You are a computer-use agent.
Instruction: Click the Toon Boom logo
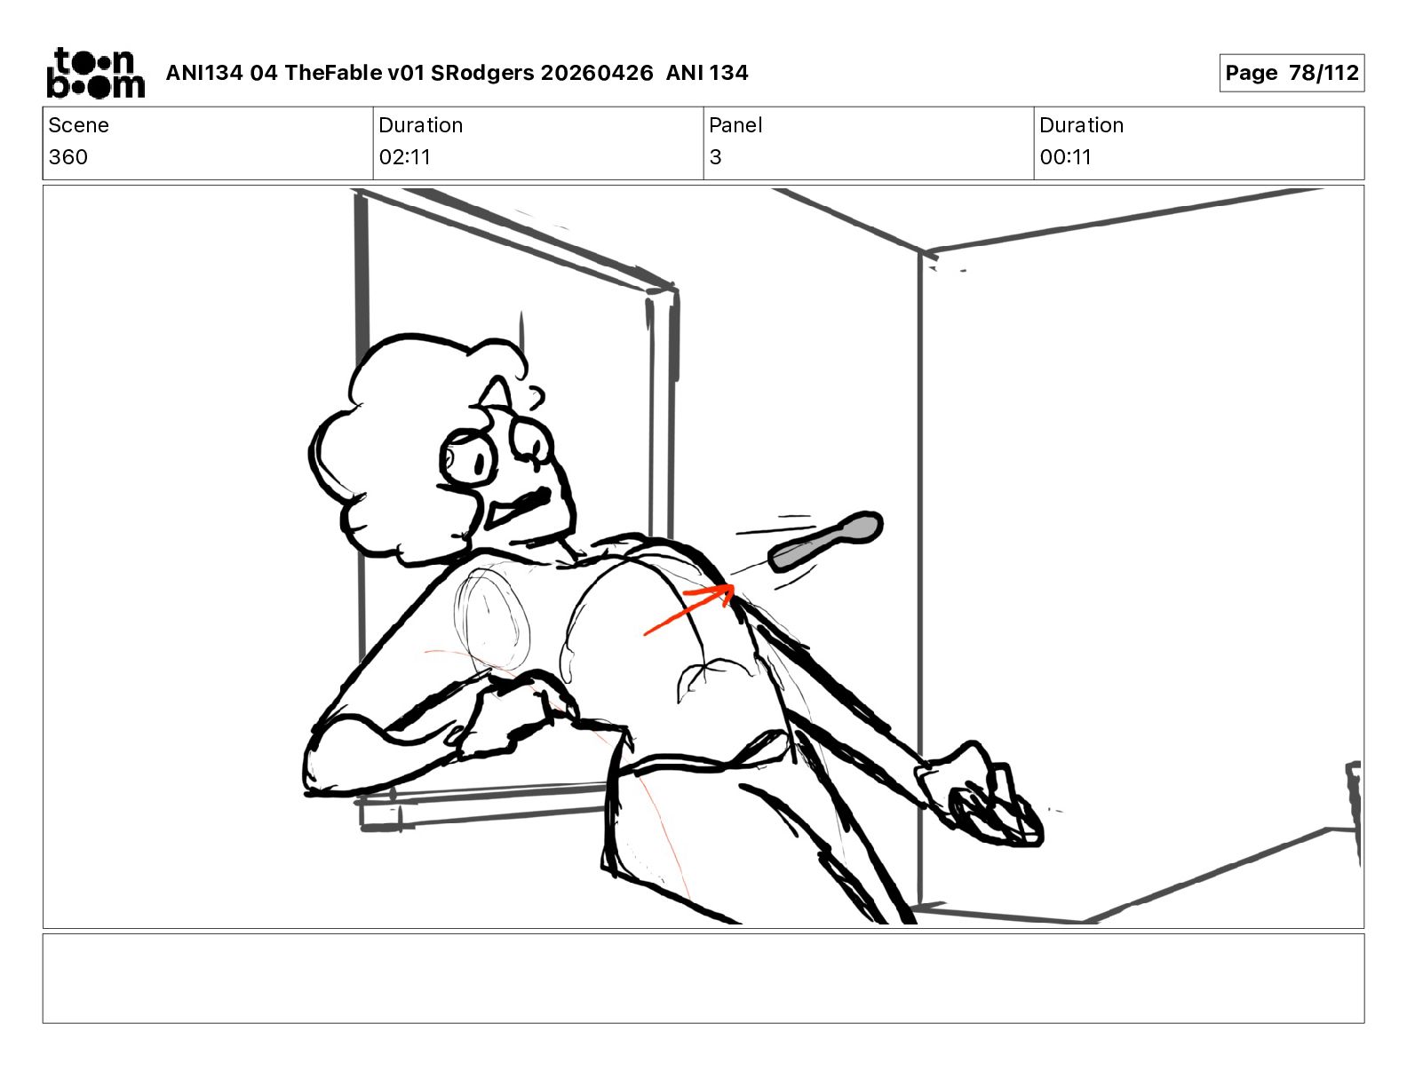tap(96, 73)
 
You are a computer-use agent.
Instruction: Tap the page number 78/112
tap(1324, 73)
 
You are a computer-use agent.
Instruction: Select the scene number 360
tap(68, 156)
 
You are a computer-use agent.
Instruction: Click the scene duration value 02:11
tap(405, 156)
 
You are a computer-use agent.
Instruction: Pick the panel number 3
tap(715, 156)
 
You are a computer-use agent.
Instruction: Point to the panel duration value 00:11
tap(1065, 156)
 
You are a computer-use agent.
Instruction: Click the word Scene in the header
tap(78, 125)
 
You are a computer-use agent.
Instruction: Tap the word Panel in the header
tap(735, 125)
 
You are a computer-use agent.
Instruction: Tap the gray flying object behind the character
tap(825, 541)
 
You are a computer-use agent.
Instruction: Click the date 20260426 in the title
tap(597, 73)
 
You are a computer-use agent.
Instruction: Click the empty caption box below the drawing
tap(703, 979)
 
